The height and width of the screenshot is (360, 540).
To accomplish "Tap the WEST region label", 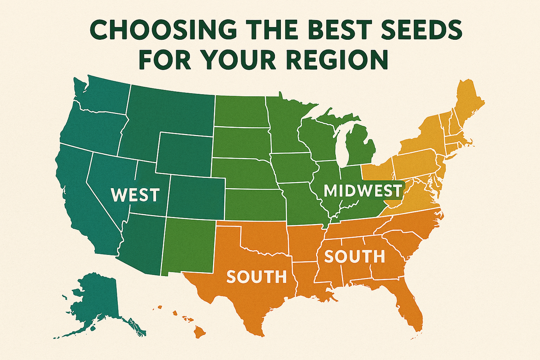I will (x=135, y=195).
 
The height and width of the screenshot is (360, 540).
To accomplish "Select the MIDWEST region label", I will (x=363, y=190).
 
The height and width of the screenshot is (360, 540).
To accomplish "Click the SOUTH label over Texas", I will (x=256, y=277).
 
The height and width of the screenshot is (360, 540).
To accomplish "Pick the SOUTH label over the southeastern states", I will (x=354, y=256).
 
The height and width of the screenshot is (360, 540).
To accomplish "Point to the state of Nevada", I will (x=108, y=182).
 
